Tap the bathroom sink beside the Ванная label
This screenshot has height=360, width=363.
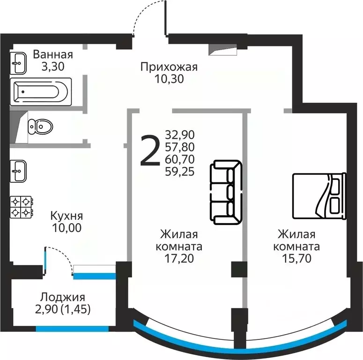tap(19, 63)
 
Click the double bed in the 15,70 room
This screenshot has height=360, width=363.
tap(319, 195)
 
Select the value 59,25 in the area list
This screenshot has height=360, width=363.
tap(180, 172)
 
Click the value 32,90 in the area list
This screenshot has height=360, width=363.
tap(180, 135)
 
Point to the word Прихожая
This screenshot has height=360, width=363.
tap(169, 67)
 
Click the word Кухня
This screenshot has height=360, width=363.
tap(67, 216)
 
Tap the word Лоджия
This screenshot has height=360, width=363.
tap(62, 297)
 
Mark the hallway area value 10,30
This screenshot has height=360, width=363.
tap(169, 79)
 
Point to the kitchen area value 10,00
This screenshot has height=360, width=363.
tap(67, 228)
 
